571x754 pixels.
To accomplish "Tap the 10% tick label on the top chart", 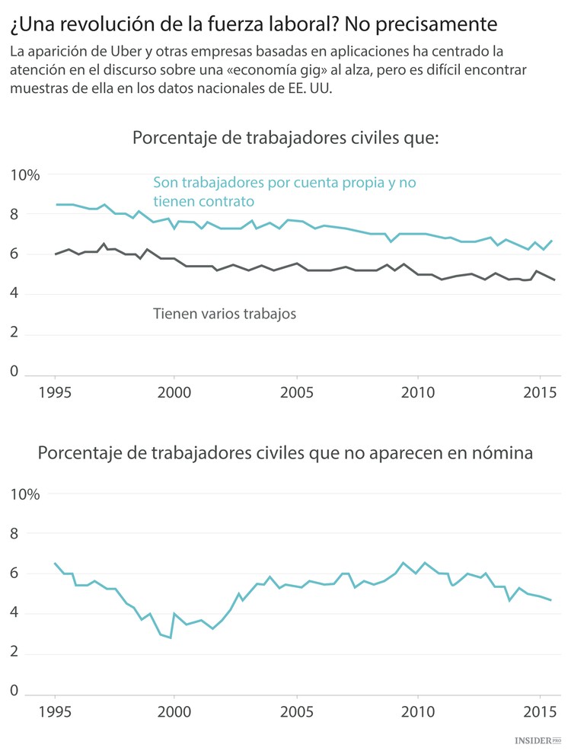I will [x=24, y=175].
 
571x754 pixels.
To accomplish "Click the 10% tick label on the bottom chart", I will [x=24, y=494].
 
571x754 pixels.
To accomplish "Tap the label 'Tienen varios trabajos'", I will [x=224, y=313].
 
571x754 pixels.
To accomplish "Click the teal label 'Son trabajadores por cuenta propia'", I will [x=284, y=183].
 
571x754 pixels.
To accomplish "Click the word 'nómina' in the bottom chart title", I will [x=501, y=453].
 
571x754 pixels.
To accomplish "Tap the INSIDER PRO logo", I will [x=538, y=740].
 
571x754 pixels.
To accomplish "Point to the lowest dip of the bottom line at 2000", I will [x=170, y=637].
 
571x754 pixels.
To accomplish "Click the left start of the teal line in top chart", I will [x=56, y=204].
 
